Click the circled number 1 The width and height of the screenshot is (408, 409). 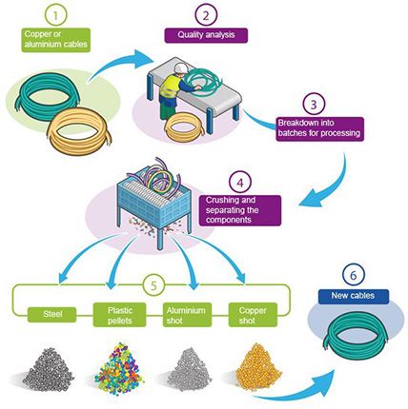pyautogui.click(x=55, y=15)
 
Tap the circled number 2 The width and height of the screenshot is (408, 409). pyautogui.click(x=206, y=15)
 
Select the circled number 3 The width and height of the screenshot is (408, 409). pyautogui.click(x=314, y=105)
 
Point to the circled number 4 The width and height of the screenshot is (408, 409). pyautogui.click(x=240, y=183)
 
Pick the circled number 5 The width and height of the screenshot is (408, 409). pyautogui.click(x=154, y=285)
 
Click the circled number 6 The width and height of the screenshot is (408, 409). pyautogui.click(x=353, y=276)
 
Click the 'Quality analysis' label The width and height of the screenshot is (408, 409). pyautogui.click(x=206, y=35)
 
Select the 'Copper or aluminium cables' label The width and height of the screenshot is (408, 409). pyautogui.click(x=56, y=40)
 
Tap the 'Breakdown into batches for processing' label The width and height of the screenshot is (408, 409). pyautogui.click(x=319, y=128)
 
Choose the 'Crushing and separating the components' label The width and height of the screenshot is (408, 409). pyautogui.click(x=240, y=210)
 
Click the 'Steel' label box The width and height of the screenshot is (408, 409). pyautogui.click(x=52, y=315)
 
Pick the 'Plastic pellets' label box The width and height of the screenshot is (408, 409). pyautogui.click(x=120, y=315)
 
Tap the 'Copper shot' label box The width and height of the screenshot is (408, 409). pyautogui.click(x=253, y=315)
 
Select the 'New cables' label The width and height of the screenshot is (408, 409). pyautogui.click(x=353, y=296)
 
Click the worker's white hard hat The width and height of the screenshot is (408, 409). pyautogui.click(x=180, y=68)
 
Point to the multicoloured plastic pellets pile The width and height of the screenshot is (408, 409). pyautogui.click(x=119, y=366)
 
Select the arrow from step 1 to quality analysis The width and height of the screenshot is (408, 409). pyautogui.click(x=114, y=64)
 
